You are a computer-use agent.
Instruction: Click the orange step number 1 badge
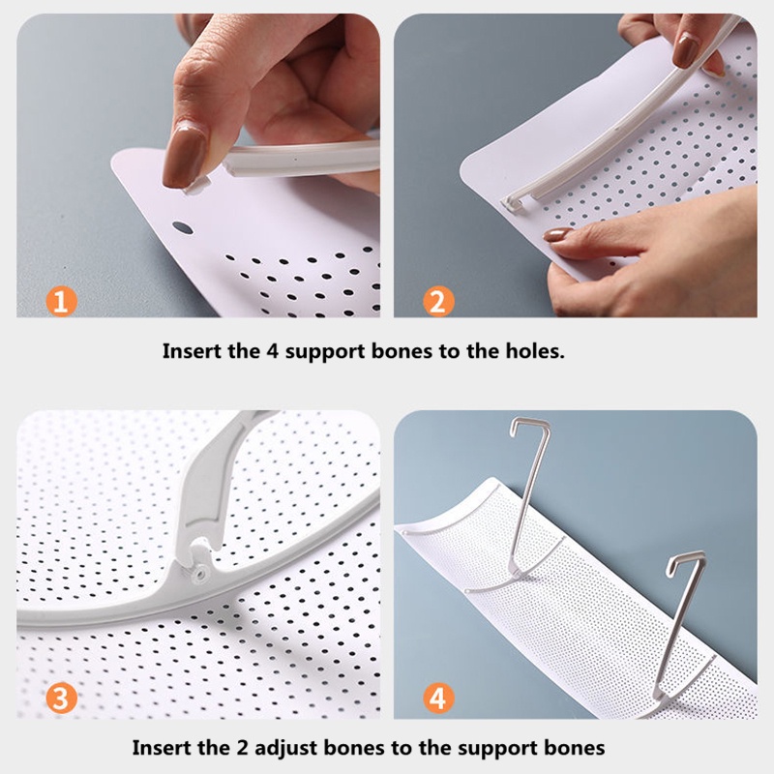click(61, 301)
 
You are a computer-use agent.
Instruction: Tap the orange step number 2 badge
click(438, 301)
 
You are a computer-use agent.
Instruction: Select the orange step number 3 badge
click(61, 698)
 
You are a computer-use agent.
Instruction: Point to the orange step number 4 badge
click(438, 698)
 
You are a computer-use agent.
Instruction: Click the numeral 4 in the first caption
click(273, 351)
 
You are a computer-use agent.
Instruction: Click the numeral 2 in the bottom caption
click(241, 748)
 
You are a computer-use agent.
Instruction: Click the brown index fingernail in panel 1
click(184, 156)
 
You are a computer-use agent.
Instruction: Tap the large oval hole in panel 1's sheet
click(183, 227)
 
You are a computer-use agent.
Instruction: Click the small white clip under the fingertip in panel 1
click(196, 186)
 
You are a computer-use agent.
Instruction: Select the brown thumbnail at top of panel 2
click(685, 50)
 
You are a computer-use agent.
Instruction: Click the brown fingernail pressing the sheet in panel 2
click(557, 234)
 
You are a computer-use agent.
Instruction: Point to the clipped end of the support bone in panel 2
click(514, 203)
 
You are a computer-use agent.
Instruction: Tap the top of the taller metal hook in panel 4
click(529, 423)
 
